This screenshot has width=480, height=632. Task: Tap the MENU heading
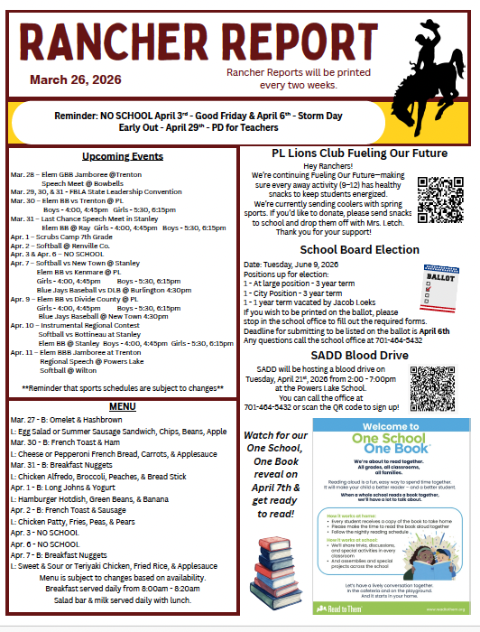122,406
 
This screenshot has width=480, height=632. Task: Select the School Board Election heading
346,249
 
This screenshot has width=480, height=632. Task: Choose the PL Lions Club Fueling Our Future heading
346,153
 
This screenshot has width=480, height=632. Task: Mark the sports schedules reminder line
122,387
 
